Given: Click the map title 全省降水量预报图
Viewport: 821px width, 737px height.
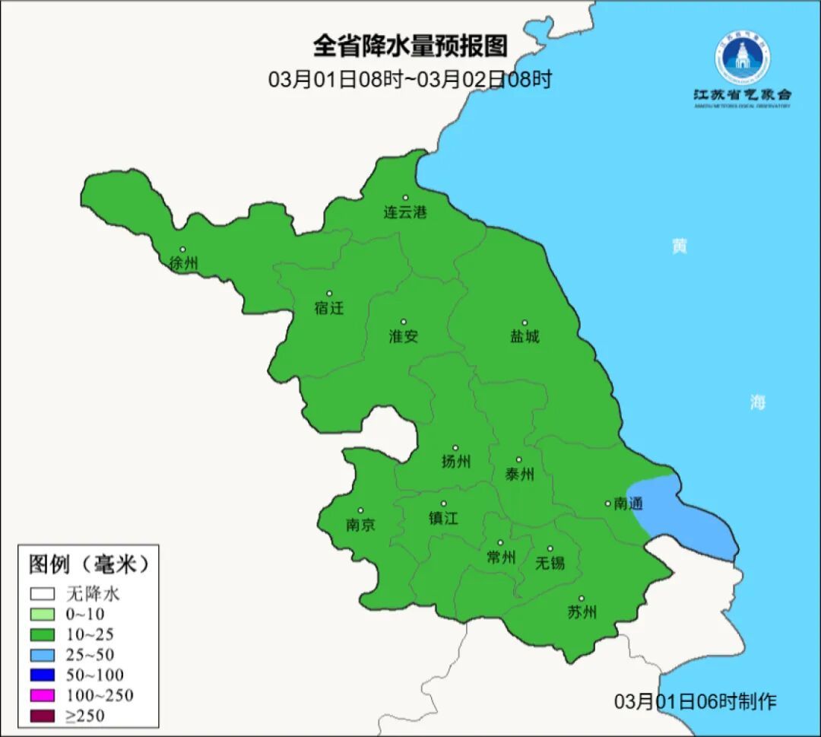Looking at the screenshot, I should (410, 46).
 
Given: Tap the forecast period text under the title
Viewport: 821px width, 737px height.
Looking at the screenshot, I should (410, 79).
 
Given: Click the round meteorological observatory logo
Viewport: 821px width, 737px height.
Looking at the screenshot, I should (742, 56).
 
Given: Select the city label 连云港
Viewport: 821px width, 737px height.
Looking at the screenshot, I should (404, 212).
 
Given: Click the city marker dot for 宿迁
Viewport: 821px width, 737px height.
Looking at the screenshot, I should (329, 294).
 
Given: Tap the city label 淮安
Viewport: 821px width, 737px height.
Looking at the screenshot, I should (404, 336).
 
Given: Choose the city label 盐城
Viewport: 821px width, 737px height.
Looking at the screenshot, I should (525, 336).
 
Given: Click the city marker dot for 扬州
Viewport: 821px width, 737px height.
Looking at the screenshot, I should (455, 448).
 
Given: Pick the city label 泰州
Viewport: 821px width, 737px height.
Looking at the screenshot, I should (519, 475).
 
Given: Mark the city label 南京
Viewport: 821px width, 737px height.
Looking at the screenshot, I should (360, 525).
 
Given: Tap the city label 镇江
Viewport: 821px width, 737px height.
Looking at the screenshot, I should (443, 518).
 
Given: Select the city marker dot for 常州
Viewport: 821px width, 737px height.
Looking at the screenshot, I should (500, 543).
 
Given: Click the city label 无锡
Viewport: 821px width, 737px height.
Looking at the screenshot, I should (550, 563).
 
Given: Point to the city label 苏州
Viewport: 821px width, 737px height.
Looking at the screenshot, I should (582, 612).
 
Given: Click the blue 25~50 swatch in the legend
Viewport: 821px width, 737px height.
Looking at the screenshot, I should (43, 654).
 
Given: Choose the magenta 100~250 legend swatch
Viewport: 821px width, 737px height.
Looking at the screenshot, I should (43, 695).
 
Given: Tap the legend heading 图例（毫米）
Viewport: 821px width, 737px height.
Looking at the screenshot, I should (88, 565).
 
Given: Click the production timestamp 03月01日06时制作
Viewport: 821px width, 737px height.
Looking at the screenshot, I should (695, 701).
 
